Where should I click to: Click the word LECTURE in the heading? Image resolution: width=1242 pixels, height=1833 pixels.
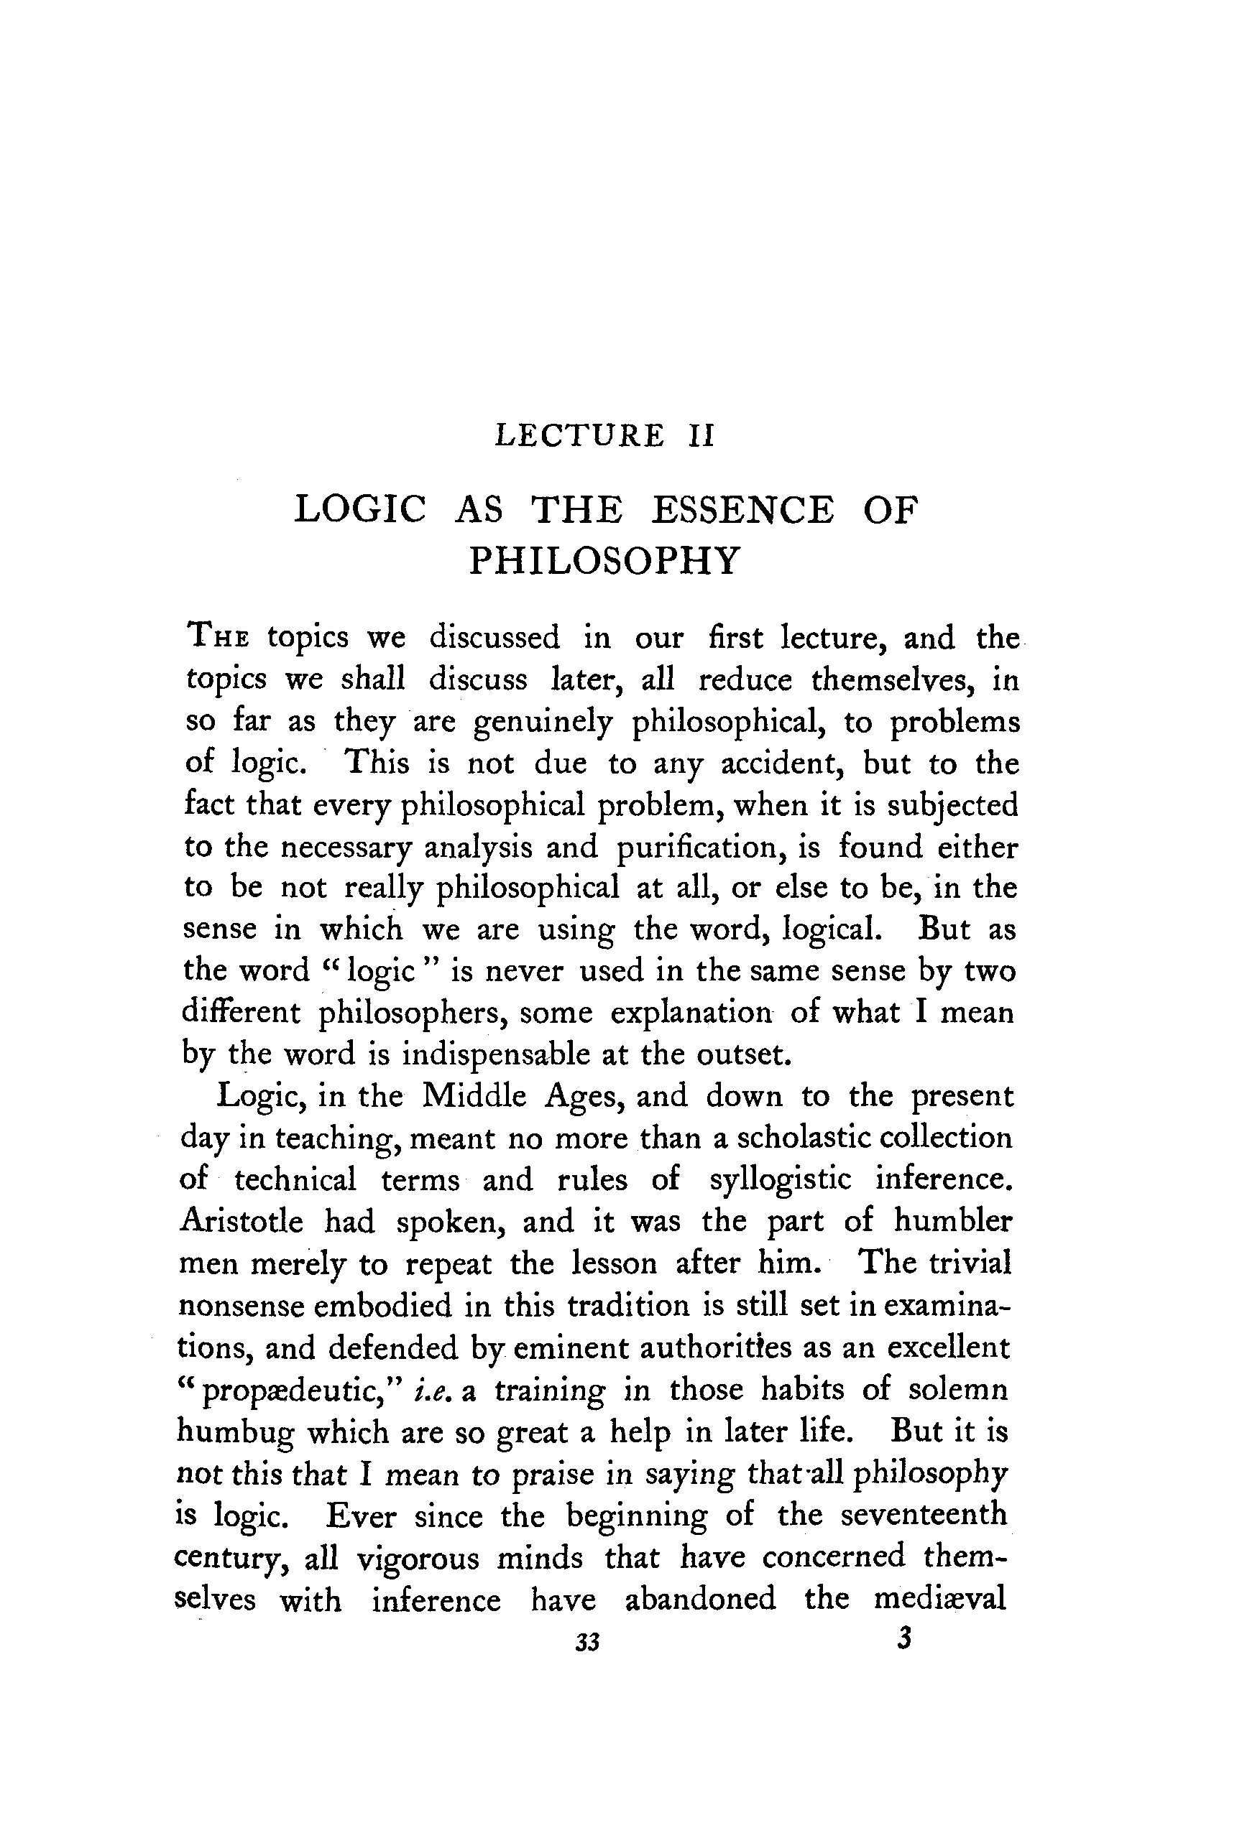[579, 435]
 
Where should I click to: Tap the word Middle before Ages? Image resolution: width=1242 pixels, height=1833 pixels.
[474, 1095]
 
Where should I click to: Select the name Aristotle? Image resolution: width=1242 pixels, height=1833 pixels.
[241, 1221]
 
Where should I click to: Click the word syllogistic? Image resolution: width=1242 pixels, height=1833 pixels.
[781, 1179]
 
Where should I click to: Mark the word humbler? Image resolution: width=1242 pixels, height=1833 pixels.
[952, 1221]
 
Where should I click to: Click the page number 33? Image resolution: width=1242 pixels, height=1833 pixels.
[588, 1642]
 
